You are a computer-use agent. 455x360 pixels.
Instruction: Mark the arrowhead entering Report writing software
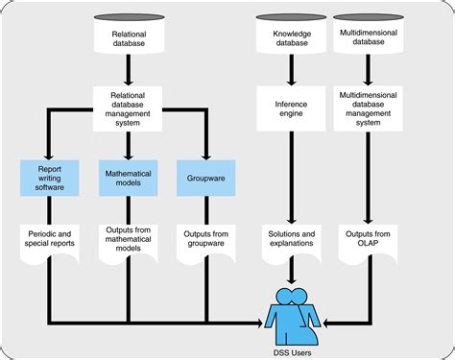click(x=48, y=156)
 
